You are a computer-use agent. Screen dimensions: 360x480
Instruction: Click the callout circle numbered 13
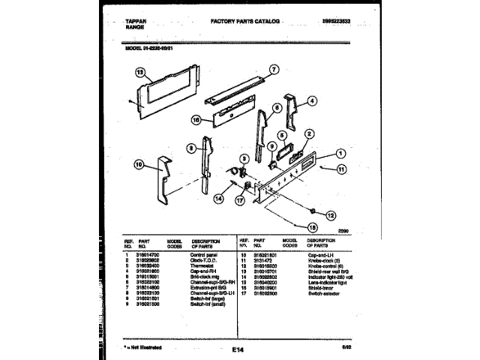(x=139, y=72)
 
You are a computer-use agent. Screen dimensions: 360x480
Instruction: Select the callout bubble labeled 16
(x=195, y=118)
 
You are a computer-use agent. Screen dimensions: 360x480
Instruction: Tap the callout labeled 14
(x=218, y=199)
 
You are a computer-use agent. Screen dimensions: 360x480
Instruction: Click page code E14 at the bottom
(x=238, y=348)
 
